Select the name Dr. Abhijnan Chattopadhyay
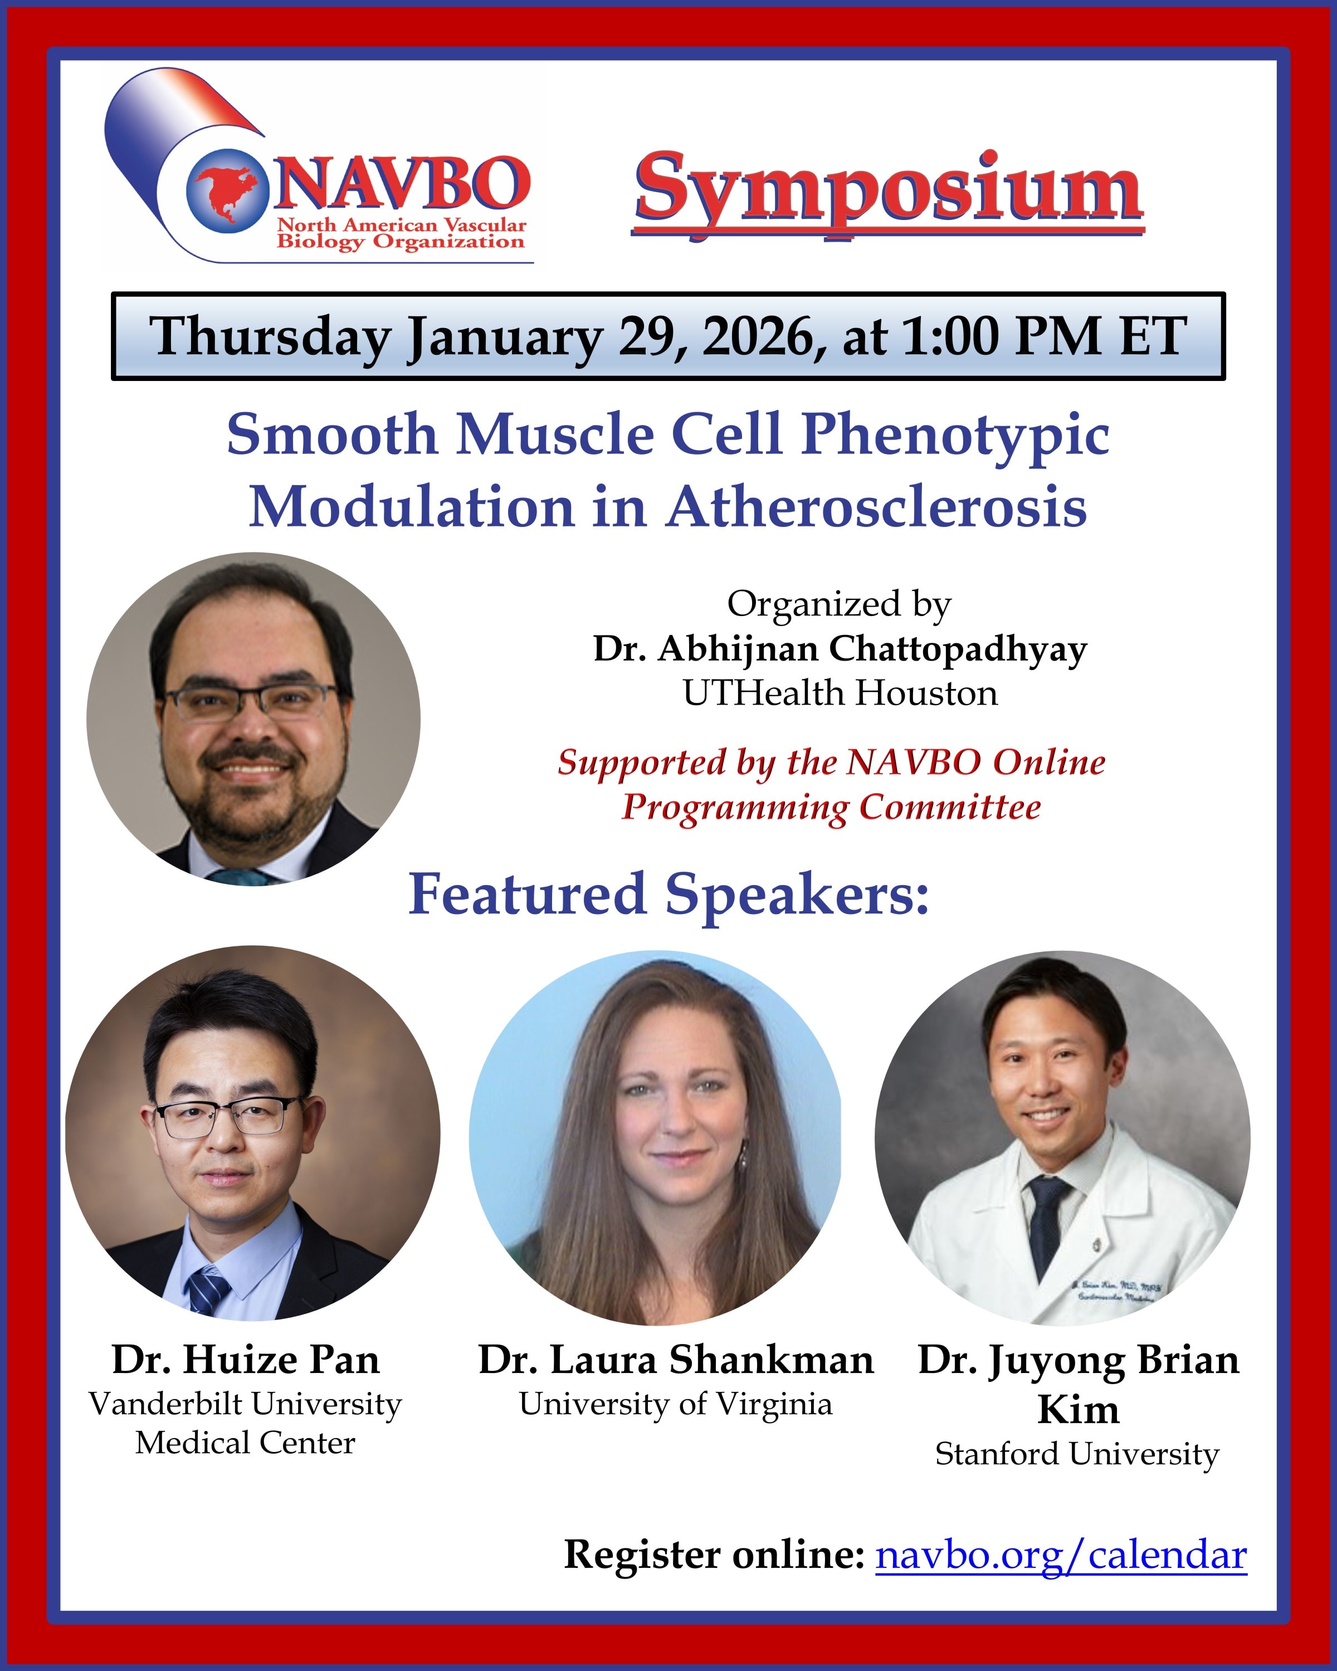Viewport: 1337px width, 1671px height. pos(840,649)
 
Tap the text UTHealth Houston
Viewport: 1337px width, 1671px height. pos(840,693)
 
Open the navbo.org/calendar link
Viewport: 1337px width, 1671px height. pos(1061,1555)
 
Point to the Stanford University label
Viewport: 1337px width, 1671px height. pos(1077,1454)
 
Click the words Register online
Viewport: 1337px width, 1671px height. pos(714,1555)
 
